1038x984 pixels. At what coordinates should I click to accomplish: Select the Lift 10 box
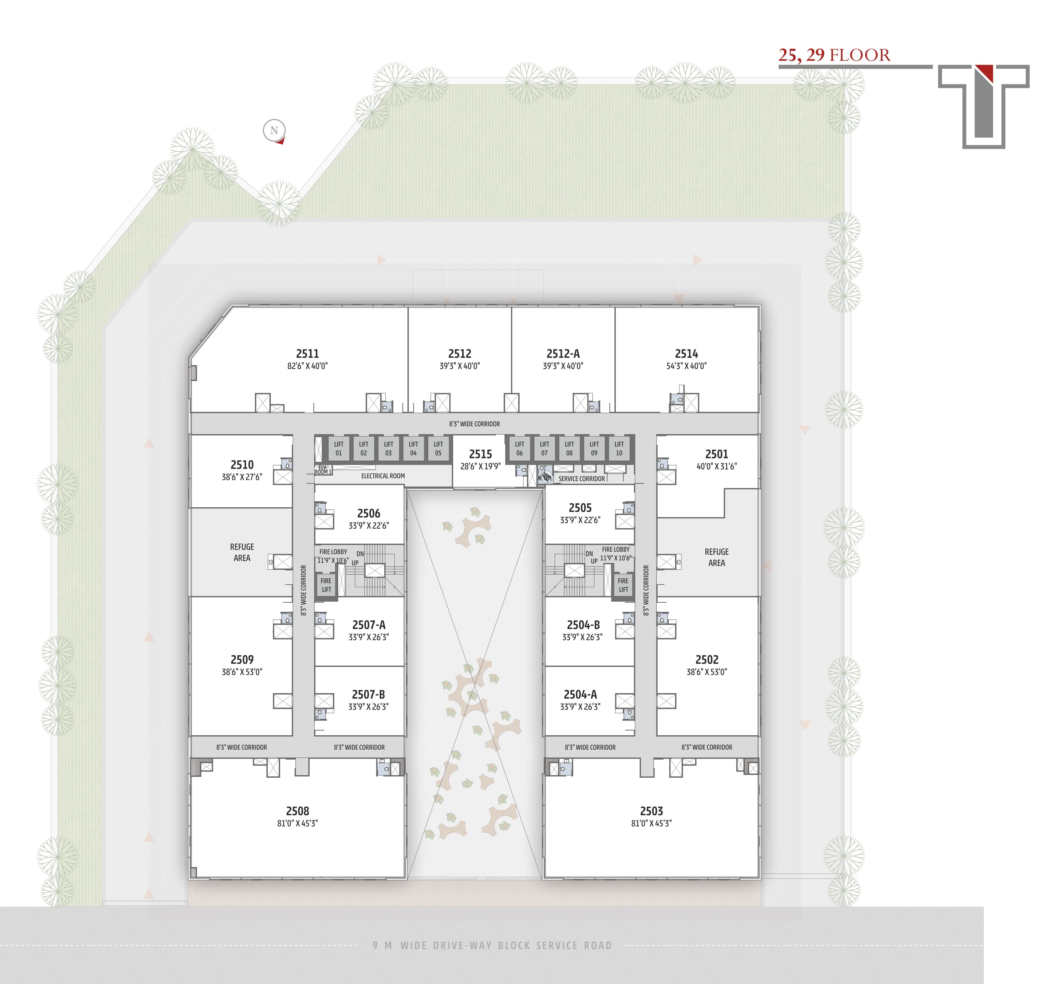[619, 449]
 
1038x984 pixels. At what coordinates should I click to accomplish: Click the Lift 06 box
[519, 449]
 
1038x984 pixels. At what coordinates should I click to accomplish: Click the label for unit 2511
[307, 353]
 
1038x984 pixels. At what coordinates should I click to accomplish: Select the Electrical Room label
[383, 476]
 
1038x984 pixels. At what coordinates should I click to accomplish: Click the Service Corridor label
[582, 478]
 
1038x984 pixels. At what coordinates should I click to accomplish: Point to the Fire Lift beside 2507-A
[326, 585]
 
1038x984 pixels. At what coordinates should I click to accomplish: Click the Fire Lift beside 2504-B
[623, 585]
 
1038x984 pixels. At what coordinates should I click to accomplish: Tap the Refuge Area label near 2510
[242, 552]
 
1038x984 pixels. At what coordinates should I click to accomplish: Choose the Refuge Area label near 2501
[717, 557]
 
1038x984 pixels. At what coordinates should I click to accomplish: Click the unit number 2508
[297, 811]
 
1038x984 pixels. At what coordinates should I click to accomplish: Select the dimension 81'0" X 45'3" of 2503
[652, 824]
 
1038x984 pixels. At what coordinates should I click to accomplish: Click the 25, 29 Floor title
[834, 55]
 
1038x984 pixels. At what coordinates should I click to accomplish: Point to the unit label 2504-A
[580, 695]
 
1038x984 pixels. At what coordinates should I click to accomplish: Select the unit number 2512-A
[563, 353]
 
